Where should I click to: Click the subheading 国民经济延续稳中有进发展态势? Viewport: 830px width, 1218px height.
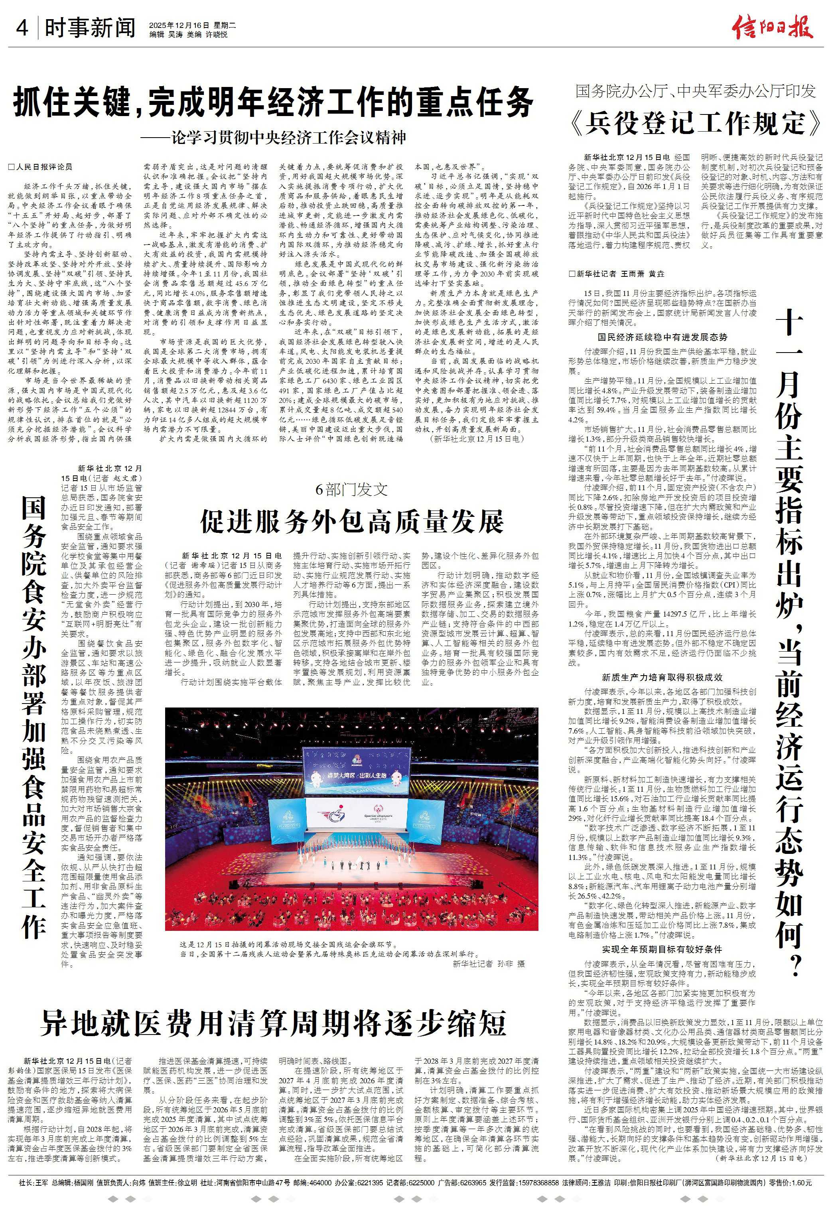[662, 337]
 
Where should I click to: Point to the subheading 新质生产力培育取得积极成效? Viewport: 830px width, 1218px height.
[662, 677]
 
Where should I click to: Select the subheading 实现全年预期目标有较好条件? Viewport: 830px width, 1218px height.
[662, 949]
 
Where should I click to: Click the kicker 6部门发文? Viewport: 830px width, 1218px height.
[352, 489]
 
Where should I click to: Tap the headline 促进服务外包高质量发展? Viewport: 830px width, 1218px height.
[352, 520]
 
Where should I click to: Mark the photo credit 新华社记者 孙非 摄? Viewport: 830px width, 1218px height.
[488, 963]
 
